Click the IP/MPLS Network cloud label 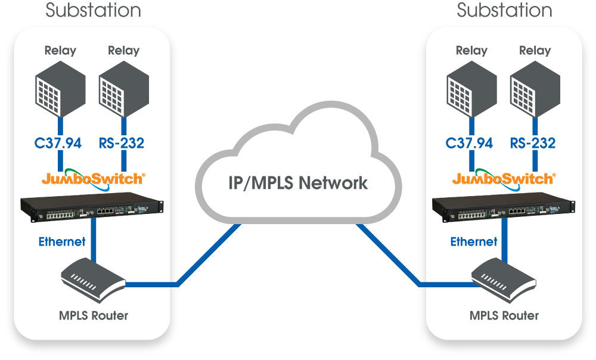298,183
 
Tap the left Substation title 93,10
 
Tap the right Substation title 504,10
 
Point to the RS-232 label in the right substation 533,143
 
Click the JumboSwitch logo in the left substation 92,178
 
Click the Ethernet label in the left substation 62,241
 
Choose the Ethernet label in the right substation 473,241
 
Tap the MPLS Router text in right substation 504,315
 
